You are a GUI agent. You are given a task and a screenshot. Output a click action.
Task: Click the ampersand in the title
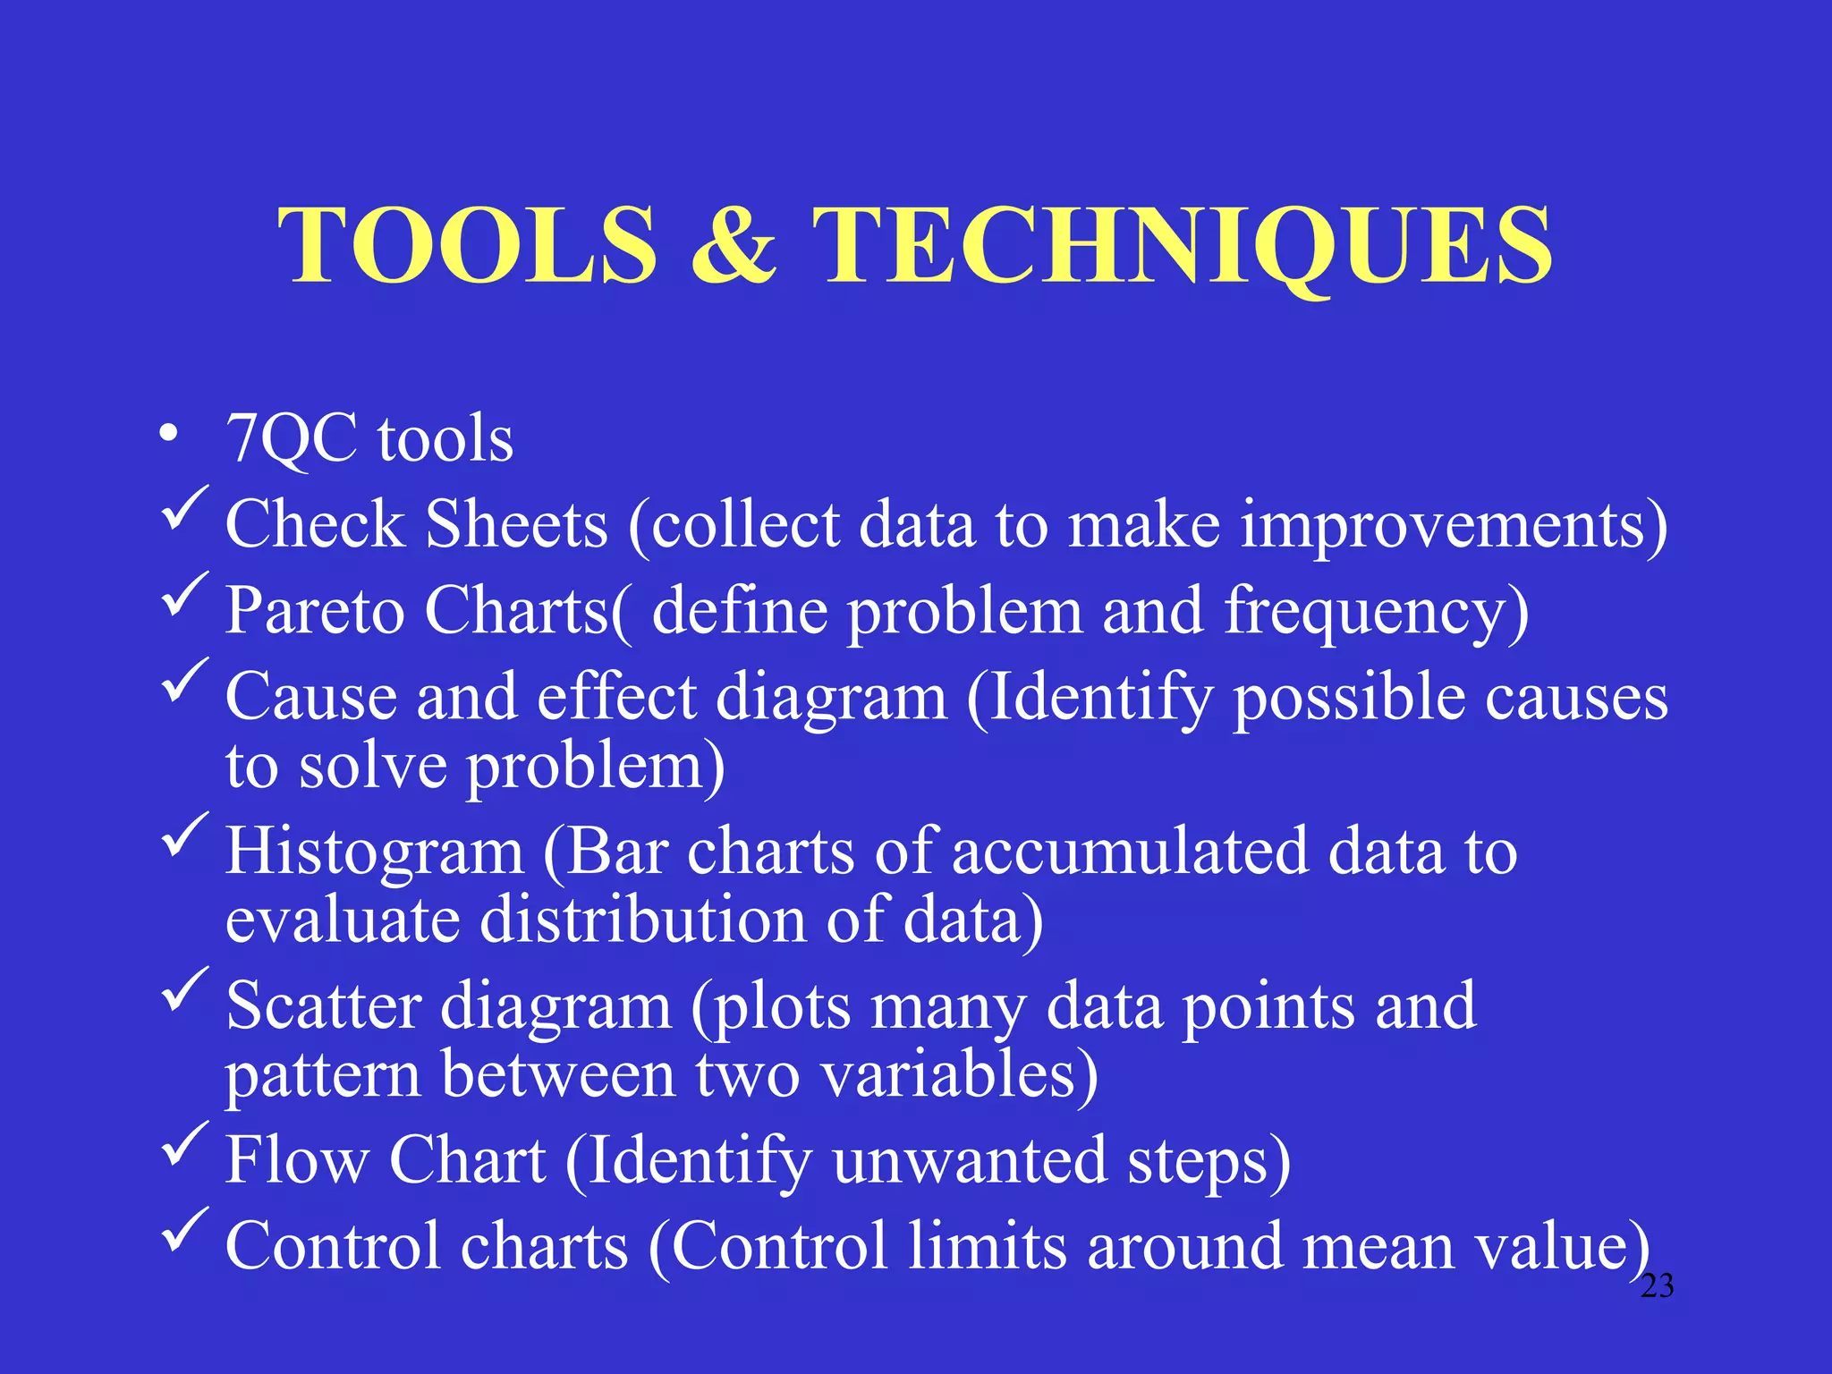click(x=734, y=245)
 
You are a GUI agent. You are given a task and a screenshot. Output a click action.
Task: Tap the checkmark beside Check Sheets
click(x=184, y=509)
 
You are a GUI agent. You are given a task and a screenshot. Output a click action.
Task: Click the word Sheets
click(x=516, y=524)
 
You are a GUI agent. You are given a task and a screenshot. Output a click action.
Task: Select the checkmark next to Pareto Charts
click(x=184, y=595)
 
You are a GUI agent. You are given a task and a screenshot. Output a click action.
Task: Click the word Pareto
click(x=314, y=611)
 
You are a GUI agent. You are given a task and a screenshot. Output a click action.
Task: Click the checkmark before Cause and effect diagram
click(x=184, y=681)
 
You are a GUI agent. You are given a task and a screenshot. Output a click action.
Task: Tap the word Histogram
click(x=374, y=852)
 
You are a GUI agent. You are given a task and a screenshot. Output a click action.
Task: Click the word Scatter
click(x=323, y=1006)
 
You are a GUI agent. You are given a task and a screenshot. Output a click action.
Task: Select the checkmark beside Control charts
click(x=184, y=1231)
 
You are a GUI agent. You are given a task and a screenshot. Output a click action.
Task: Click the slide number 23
click(x=1657, y=1286)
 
